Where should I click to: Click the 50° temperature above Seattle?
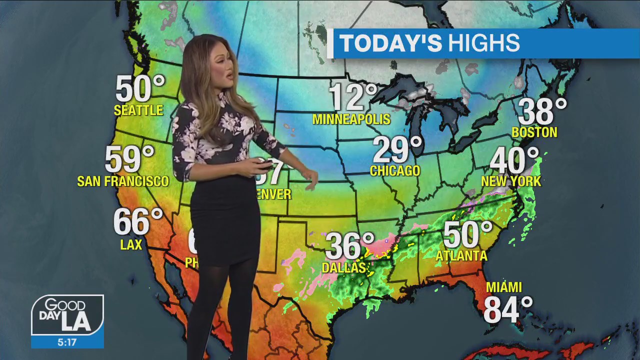tap(139, 89)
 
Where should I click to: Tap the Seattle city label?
tap(138, 110)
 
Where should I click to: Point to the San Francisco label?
tap(123, 181)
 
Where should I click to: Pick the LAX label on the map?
tap(131, 244)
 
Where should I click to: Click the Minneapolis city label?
tap(351, 119)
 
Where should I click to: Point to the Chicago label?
tap(395, 171)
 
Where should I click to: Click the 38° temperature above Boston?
tap(542, 111)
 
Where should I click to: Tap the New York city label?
tap(511, 181)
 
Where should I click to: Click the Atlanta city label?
tap(461, 255)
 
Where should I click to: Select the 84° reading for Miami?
tap(508, 309)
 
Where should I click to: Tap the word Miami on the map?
tap(504, 287)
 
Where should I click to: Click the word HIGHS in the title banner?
tap(483, 43)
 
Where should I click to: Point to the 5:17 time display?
tap(67, 342)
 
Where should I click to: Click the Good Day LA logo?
tap(67, 316)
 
